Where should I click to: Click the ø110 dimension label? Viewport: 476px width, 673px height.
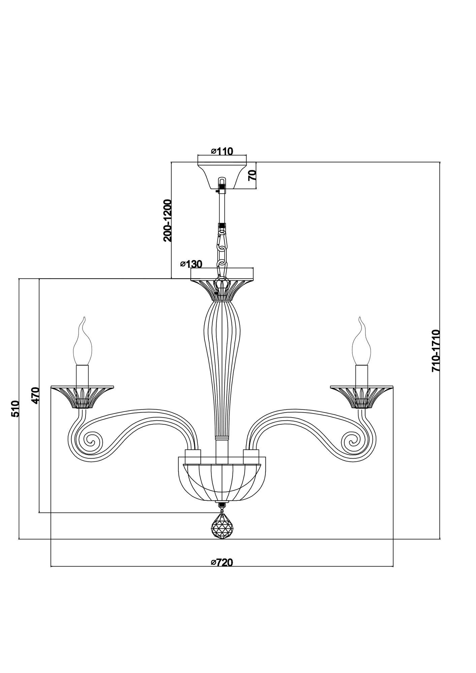point(222,151)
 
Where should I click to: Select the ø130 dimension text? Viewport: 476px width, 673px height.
point(191,264)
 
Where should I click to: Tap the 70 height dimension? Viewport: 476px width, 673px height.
point(252,175)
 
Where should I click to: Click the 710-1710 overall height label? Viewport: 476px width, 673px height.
point(436,351)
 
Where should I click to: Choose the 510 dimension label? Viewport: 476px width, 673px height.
point(15,409)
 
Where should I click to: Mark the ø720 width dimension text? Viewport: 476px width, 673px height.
point(222,562)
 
